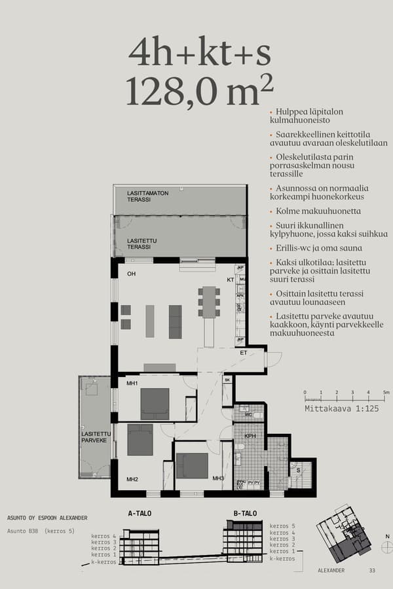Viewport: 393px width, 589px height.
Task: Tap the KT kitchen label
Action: click(230, 279)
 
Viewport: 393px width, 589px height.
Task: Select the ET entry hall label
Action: click(243, 353)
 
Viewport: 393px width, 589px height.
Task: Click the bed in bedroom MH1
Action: click(155, 403)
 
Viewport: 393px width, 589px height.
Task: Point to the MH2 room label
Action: click(132, 479)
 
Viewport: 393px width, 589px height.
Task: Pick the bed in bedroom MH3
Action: click(192, 466)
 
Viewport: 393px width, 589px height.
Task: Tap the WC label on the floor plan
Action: click(249, 415)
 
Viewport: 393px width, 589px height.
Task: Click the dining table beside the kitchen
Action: click(209, 302)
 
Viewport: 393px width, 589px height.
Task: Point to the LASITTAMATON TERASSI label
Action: click(148, 196)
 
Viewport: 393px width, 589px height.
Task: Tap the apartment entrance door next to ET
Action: click(272, 359)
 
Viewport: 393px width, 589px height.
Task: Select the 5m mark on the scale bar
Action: click(386, 393)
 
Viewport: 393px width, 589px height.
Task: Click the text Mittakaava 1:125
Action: click(342, 408)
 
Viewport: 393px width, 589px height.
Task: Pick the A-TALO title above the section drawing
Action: click(139, 513)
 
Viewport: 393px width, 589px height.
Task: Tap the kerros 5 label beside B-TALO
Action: click(282, 526)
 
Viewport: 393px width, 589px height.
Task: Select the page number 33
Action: click(372, 571)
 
